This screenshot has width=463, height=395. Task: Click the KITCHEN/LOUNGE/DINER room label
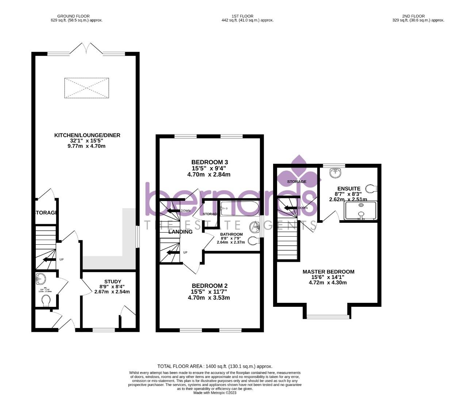tap(87, 135)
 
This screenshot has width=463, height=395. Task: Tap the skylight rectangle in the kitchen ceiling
tap(87, 88)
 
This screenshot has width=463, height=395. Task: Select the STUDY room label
tap(112, 281)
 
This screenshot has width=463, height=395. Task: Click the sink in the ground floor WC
tap(41, 280)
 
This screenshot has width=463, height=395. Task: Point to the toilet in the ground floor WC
tap(46, 301)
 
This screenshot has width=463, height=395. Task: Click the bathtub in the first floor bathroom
tap(240, 208)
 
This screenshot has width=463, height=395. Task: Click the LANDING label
tap(180, 232)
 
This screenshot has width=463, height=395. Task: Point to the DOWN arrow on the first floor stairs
tap(173, 211)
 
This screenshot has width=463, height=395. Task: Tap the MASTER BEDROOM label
tap(328, 272)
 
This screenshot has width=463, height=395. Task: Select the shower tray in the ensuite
tap(360, 211)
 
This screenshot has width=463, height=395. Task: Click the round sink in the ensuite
tap(335, 173)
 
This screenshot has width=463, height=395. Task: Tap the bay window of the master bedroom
tap(327, 316)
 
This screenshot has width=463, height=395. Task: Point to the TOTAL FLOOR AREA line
tap(215, 366)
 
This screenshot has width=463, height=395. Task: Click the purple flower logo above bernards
tap(299, 168)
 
